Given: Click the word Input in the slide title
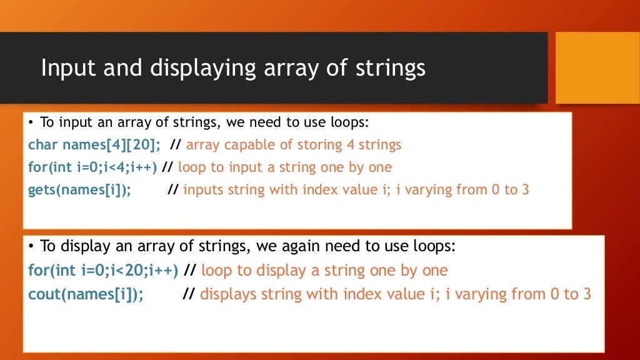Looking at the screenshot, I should [65, 67].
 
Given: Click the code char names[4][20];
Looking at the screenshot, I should [94, 145].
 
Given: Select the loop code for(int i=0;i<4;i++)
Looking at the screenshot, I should [92, 167].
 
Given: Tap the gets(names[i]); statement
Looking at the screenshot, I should [79, 190].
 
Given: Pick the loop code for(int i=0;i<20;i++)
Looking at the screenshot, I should [103, 271].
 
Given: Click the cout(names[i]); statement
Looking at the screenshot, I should [86, 294].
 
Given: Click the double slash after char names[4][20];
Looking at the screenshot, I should [175, 145].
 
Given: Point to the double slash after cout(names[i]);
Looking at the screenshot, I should [189, 294].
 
